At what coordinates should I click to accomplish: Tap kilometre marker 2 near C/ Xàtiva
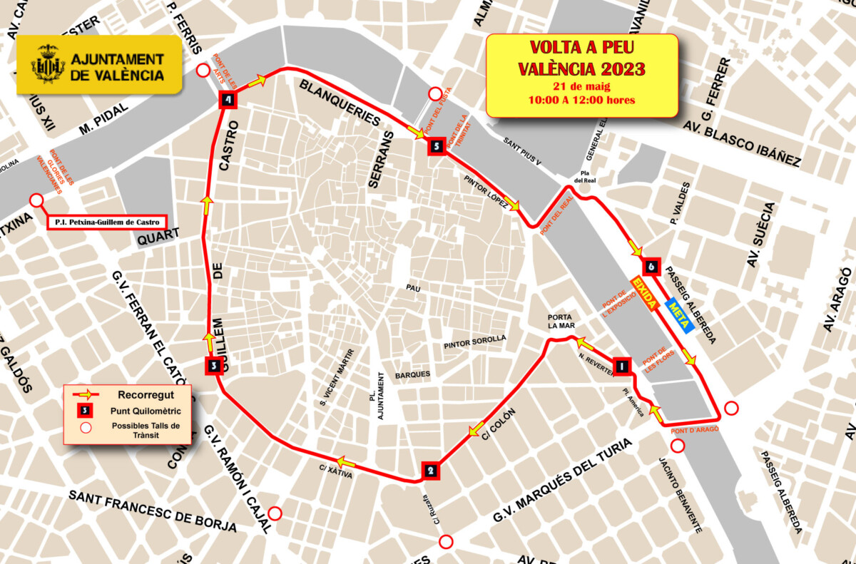coord(429,470)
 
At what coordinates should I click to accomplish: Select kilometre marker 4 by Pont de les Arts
coord(228,101)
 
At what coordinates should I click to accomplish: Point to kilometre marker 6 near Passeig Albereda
coord(650,267)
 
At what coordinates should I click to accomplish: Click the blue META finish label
coord(678,315)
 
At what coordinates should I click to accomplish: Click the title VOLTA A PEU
coord(581,48)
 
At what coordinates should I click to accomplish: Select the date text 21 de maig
coord(581,86)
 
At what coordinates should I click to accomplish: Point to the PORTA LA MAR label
coord(561,321)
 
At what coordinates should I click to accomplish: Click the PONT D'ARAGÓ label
coord(694,431)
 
